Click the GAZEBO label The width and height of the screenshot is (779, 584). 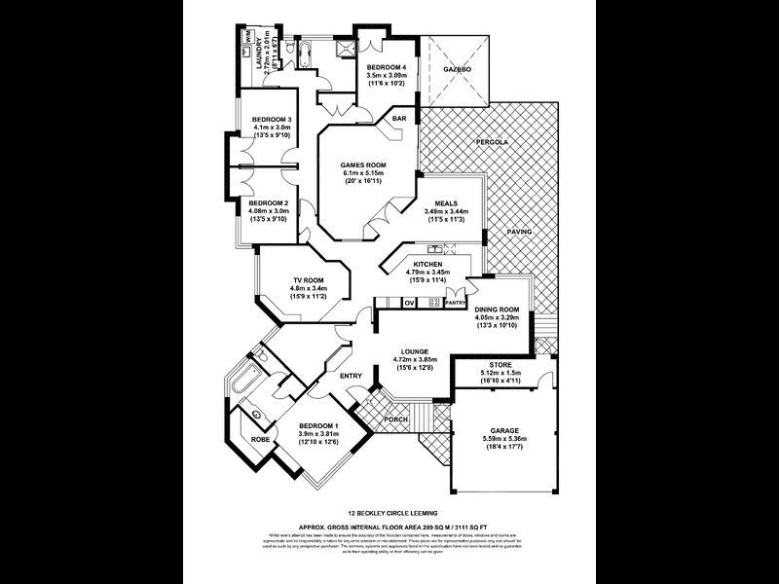coord(457,70)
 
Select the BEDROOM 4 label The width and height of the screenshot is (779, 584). coord(387,65)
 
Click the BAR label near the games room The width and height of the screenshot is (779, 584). coord(399,119)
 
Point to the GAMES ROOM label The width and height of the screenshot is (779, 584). coord(360,165)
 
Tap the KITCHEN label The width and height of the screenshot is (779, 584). coord(429,265)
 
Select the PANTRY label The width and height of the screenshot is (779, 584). coord(456,304)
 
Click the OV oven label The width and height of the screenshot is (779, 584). coord(410,304)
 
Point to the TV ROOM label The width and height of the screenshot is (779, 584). coord(309,279)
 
